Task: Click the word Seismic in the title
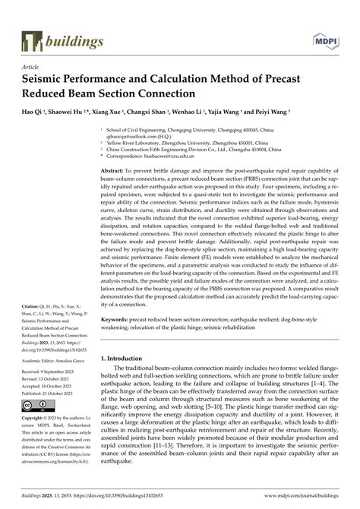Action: (46, 80)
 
